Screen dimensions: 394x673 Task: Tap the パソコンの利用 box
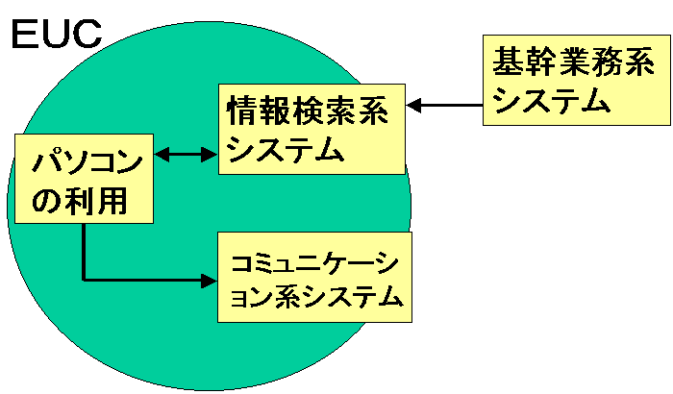pyautogui.click(x=85, y=179)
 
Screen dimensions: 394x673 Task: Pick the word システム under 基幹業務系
pyautogui.click(x=551, y=100)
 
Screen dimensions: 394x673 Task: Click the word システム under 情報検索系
pyautogui.click(x=286, y=149)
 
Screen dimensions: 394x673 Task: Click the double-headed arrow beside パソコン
pyautogui.click(x=187, y=154)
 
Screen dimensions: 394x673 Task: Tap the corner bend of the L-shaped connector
pyautogui.click(x=85, y=281)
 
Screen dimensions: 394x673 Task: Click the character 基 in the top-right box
pyautogui.click(x=508, y=62)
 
